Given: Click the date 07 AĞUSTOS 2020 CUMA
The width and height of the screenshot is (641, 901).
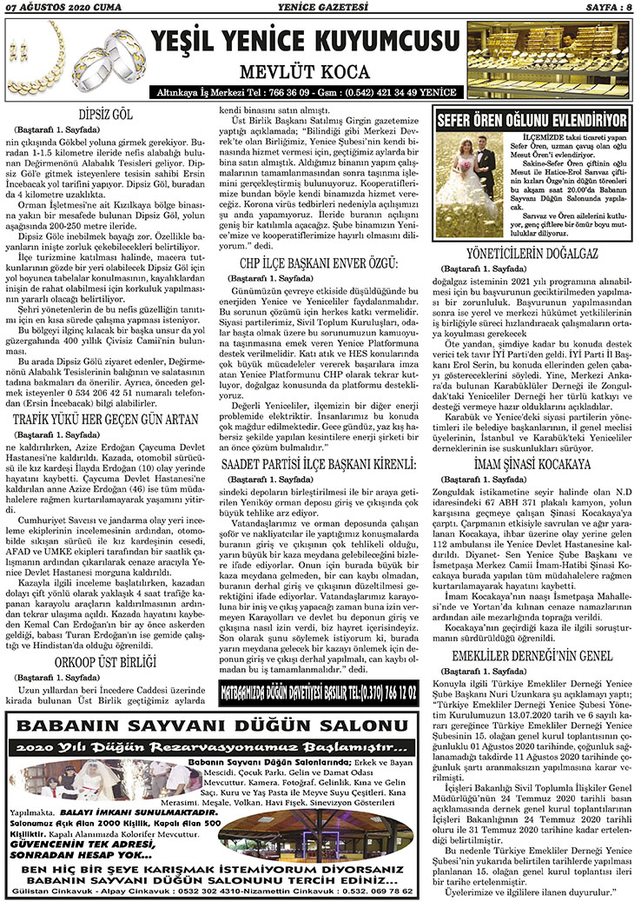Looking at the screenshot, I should [x=54, y=9].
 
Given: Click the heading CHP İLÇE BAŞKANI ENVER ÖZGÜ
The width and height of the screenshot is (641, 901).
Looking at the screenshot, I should [x=319, y=263].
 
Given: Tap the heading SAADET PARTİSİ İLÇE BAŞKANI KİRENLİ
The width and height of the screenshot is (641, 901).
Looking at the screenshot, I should [x=319, y=466].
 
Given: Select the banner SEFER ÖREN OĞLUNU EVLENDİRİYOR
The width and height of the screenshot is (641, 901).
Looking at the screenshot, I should [x=532, y=119].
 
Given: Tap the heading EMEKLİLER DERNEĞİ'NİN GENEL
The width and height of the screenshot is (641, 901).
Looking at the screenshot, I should [x=532, y=632].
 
